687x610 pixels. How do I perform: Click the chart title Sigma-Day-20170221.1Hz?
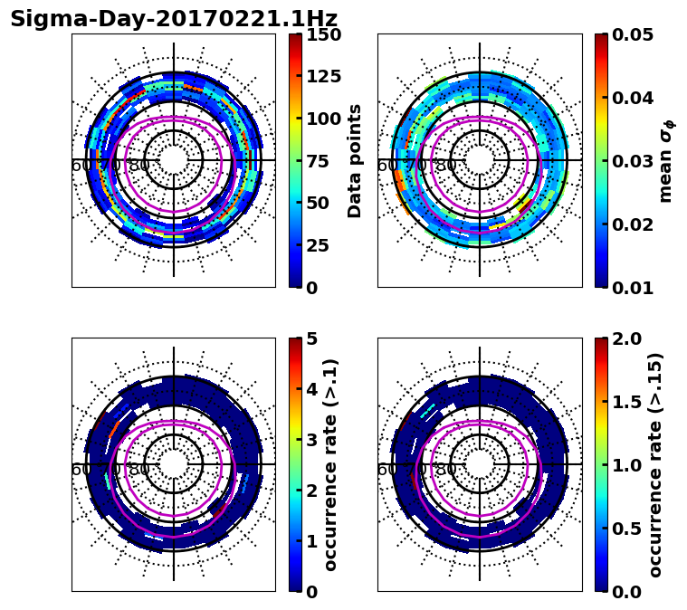174,19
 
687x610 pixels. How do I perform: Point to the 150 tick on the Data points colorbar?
323,34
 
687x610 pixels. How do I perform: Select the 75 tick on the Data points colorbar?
323,161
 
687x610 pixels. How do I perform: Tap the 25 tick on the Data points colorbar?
323,245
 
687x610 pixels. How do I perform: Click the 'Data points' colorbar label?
355,161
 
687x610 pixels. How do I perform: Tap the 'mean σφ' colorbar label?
666,161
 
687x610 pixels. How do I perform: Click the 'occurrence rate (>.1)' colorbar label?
331,465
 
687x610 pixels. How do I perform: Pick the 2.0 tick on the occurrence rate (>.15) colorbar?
628,338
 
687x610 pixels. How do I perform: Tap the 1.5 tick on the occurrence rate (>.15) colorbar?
628,402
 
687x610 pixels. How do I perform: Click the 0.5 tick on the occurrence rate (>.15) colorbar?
628,529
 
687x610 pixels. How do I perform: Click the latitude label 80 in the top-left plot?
139,166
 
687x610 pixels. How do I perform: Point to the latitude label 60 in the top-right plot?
386,166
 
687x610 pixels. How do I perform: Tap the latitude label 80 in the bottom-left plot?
139,470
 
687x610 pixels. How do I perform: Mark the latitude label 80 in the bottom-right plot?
445,470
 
